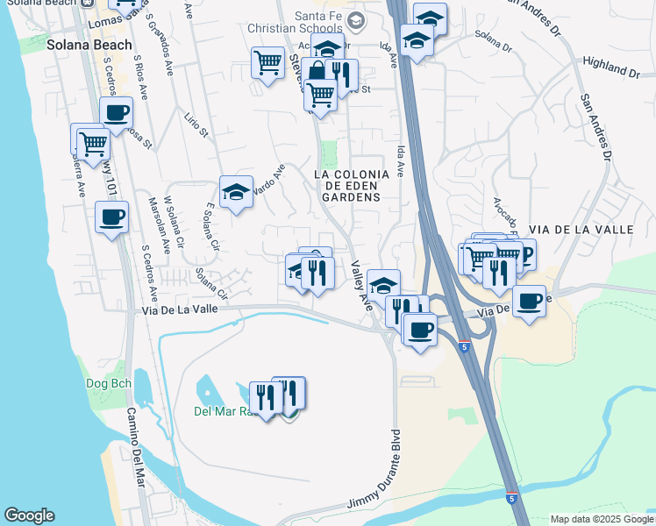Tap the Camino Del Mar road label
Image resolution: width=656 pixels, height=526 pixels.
(135, 448)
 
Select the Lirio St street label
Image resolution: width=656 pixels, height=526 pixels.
(196, 125)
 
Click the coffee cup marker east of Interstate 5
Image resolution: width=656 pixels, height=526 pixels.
(529, 302)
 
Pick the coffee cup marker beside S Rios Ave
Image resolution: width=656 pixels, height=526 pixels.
(116, 113)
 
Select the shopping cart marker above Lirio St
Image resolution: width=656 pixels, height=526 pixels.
(267, 62)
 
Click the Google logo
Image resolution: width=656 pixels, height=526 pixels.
(29, 515)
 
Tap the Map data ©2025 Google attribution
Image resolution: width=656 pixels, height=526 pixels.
(602, 519)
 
